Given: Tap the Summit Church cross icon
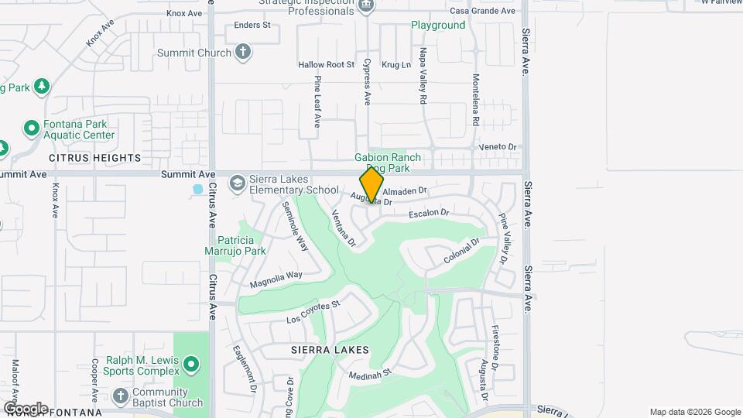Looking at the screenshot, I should [x=243, y=53].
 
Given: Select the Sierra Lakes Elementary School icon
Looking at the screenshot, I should [x=237, y=183].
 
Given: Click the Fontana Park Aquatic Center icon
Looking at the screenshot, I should [x=32, y=128].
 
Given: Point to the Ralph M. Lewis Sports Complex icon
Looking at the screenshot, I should [x=192, y=362].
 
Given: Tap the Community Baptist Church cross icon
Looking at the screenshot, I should [x=120, y=396].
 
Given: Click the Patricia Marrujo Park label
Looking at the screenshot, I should [x=241, y=245].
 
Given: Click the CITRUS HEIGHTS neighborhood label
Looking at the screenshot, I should [x=95, y=158].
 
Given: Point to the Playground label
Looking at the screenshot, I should [x=438, y=26].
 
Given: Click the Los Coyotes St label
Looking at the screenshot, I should [x=313, y=312].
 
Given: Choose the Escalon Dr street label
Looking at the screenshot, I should [x=429, y=212].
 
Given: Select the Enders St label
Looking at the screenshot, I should [x=252, y=26].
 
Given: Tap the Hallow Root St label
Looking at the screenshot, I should [x=326, y=65].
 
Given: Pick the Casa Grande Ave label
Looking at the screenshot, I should [x=482, y=11].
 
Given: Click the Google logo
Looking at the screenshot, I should [x=26, y=408].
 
